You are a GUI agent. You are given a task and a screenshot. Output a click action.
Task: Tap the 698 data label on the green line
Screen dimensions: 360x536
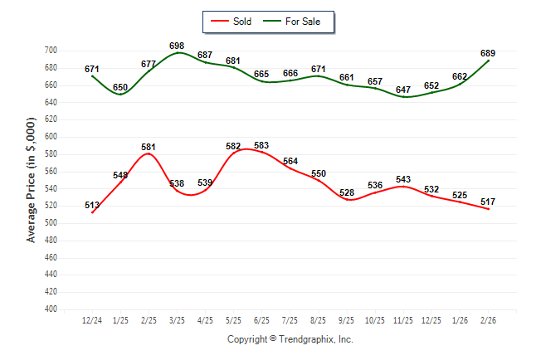click(176, 45)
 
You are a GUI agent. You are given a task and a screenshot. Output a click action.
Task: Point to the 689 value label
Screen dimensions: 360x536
click(488, 53)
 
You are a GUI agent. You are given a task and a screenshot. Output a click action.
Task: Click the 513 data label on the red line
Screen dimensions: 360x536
click(92, 205)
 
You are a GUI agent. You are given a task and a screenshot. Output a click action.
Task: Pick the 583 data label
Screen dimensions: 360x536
click(261, 145)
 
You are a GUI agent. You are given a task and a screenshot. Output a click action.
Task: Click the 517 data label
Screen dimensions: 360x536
click(488, 201)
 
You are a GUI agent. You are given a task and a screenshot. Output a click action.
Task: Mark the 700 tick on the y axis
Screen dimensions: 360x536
click(50, 51)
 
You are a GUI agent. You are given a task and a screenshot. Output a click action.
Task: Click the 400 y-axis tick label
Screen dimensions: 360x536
click(50, 309)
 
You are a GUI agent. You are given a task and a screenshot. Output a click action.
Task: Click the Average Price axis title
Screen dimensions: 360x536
click(32, 180)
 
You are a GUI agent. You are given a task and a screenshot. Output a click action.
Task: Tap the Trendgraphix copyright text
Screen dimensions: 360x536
click(290, 339)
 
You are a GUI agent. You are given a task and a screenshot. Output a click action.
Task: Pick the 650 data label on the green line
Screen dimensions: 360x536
click(120, 87)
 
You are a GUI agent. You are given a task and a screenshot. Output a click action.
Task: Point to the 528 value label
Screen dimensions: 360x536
click(347, 192)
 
